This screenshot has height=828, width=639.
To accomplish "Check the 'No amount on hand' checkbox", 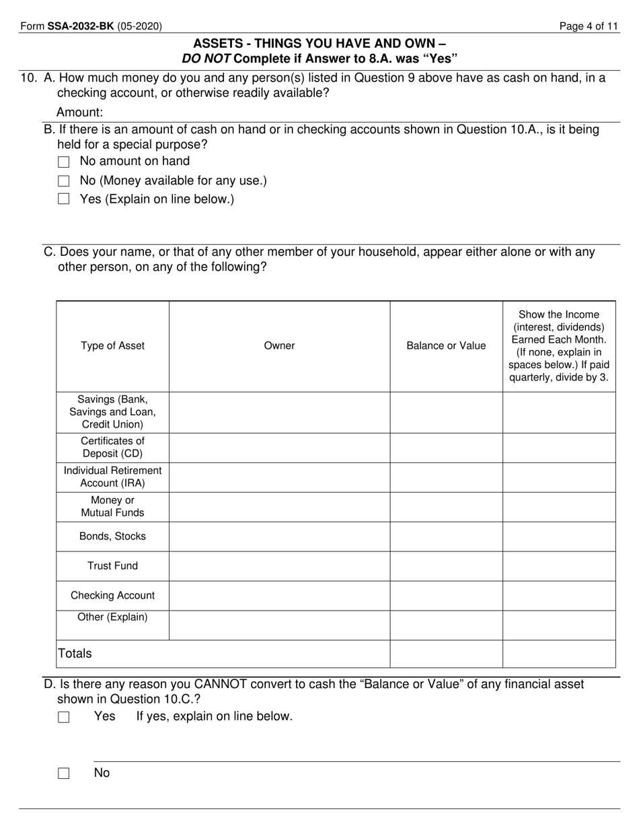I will point(64,162).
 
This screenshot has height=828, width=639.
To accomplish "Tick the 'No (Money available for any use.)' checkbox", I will point(64,181).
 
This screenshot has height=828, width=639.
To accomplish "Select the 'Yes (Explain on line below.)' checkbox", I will point(64,199).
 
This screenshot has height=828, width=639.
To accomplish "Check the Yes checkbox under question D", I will point(64,718).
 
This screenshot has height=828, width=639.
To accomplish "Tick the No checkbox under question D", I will point(64,773).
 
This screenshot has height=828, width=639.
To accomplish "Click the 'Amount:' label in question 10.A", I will point(79,112).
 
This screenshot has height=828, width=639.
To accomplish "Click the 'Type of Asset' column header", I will point(112,346).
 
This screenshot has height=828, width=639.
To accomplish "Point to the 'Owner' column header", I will point(279,346).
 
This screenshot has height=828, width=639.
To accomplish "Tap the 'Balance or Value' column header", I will point(446,346).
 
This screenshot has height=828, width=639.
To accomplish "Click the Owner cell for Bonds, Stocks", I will point(279,537).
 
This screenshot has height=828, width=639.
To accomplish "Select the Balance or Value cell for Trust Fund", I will point(446,566).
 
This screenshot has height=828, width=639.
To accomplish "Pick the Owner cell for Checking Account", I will point(279,596).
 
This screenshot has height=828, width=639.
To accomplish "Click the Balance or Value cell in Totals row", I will point(446,654).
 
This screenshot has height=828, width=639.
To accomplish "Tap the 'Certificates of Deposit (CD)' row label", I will point(112,448).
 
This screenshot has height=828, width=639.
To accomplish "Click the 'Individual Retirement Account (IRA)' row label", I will point(112,477).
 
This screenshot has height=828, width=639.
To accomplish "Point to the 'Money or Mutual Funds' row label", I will point(112,507).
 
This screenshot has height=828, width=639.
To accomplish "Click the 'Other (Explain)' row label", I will point(112,617).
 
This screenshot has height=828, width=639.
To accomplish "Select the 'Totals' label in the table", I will point(75,654).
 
